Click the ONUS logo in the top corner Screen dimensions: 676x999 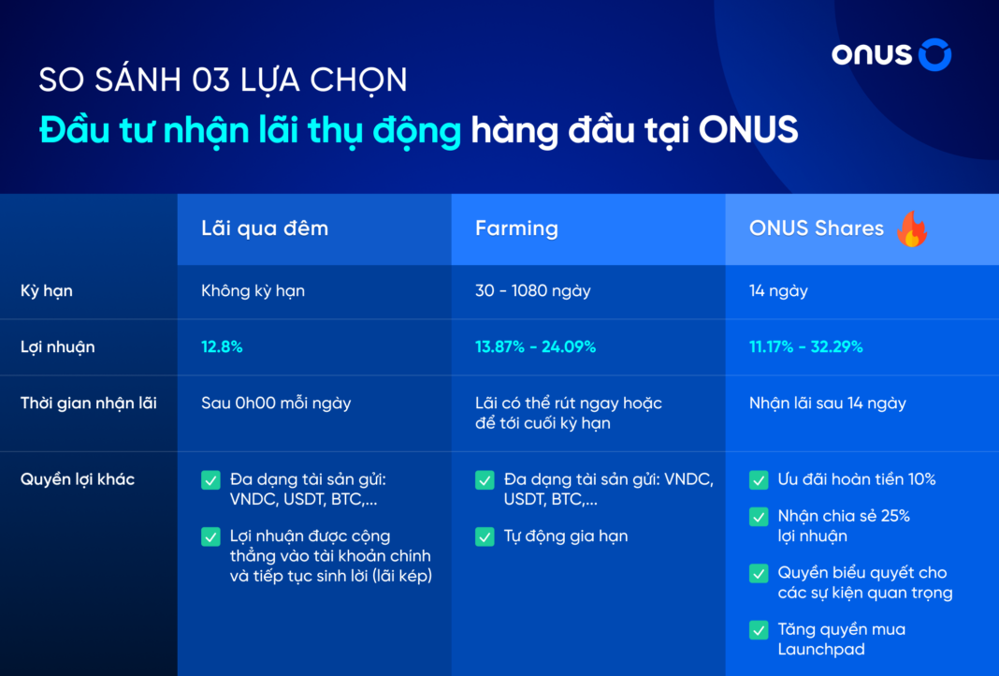[890, 54]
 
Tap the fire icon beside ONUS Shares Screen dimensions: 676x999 [910, 228]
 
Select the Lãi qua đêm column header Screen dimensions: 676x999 [265, 228]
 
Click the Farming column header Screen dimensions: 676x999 [516, 228]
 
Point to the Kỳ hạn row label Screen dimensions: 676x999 [47, 291]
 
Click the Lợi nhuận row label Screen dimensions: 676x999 [57, 347]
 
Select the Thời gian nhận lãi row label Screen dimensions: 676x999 [89, 404]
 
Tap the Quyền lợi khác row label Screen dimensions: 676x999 [78, 479]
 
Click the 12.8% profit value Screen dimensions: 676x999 [222, 347]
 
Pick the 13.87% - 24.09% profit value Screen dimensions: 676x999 [535, 347]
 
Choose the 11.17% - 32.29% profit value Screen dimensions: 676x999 [805, 347]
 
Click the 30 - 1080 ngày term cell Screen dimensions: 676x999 [532, 291]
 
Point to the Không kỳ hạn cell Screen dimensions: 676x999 [253, 291]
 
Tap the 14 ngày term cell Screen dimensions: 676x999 [778, 291]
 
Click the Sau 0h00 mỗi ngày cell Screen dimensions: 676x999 [276, 404]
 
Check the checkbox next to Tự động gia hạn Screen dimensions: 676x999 [485, 536]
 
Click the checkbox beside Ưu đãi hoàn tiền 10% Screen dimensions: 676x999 [759, 480]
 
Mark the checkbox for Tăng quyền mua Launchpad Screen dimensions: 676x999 [759, 630]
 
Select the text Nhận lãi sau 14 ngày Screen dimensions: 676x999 [827, 404]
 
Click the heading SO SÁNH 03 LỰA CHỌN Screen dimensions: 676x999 [223, 81]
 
